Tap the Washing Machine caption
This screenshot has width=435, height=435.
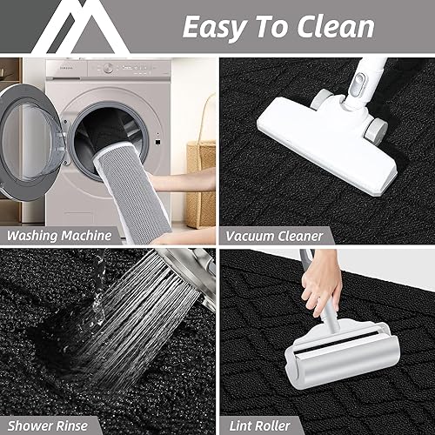click(x=58, y=235)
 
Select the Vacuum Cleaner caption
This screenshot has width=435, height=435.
click(x=275, y=235)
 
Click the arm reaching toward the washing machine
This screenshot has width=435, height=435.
click(x=187, y=178)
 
